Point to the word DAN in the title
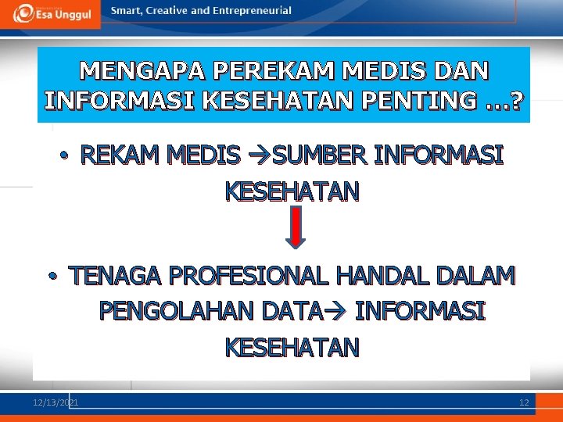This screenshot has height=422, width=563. coord(460,71)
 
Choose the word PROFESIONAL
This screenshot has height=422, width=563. coord(249,276)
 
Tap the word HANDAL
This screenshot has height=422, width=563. coord(383,276)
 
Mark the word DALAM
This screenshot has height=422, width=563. coord(477,276)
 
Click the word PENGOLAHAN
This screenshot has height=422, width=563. coord(178,311)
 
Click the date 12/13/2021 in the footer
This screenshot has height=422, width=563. coord(56,402)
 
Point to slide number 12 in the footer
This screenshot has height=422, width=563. coord(524,402)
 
